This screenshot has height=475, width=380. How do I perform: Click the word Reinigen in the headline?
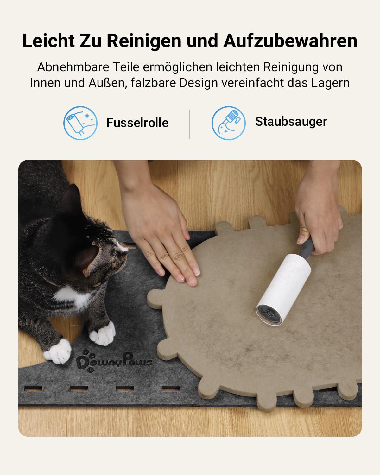point(144,41)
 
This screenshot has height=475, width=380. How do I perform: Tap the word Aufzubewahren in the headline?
point(290,41)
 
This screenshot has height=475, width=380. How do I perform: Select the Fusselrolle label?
point(137,123)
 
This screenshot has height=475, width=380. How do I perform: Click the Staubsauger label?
point(291,122)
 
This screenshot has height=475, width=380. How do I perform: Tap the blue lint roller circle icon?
point(80,123)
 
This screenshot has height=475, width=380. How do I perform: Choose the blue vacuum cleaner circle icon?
point(229,123)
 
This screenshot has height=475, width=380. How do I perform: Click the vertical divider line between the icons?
point(190,124)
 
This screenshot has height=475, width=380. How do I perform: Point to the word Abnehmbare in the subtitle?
point(73,67)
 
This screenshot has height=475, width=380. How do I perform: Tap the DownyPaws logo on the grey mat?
point(114,362)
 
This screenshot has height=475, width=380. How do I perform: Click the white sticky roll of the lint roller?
point(284,288)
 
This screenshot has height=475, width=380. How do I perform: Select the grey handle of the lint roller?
point(307,247)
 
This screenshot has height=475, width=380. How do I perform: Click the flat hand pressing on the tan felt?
point(163,238)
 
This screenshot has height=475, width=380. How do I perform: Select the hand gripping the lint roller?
point(318,216)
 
